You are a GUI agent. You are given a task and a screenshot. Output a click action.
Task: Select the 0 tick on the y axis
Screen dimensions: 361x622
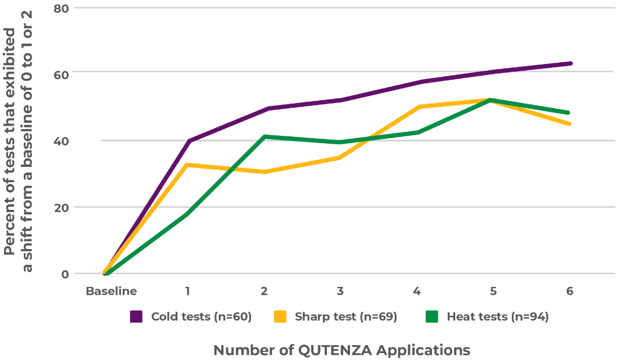pyautogui.click(x=64, y=274)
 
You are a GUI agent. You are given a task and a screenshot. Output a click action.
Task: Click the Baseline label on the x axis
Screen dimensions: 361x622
pyautogui.click(x=111, y=291)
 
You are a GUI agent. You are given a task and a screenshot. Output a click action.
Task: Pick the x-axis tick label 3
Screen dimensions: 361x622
pyautogui.click(x=340, y=291)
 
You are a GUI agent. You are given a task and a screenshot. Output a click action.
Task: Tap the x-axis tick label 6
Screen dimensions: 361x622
pyautogui.click(x=569, y=291)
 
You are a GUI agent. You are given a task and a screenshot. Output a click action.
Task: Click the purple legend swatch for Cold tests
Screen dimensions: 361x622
pyautogui.click(x=136, y=316)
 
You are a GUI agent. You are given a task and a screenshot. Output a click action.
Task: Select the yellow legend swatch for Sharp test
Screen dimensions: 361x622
pyautogui.click(x=280, y=316)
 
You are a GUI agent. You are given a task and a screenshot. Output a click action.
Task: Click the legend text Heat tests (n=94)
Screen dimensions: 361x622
pyautogui.click(x=498, y=316)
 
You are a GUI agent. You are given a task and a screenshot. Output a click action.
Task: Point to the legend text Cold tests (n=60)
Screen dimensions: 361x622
pyautogui.click(x=201, y=316)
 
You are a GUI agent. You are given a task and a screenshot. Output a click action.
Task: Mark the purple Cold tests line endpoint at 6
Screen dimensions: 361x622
pyautogui.click(x=570, y=63)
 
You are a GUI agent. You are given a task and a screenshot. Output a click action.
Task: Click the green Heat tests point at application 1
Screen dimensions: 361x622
pyautogui.click(x=188, y=213)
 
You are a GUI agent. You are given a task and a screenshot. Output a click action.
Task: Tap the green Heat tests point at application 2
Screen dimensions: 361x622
pyautogui.click(x=264, y=136)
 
